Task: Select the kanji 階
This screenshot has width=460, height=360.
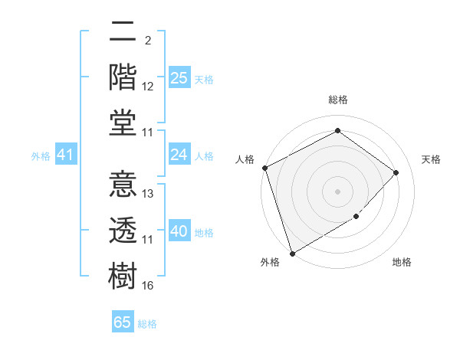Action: coord(123,77)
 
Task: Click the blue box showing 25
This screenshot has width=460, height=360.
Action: coord(179,77)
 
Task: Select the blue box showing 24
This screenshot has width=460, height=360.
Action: coord(179,155)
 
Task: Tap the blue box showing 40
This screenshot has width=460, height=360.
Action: coord(179,231)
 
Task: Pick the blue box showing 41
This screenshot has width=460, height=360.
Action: coord(65,155)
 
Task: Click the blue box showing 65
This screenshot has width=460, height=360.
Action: coord(123,322)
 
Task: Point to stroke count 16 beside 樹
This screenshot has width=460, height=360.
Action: coord(148,286)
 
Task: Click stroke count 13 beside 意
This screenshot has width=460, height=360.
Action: coord(148,194)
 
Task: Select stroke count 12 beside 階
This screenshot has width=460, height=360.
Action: coord(148,87)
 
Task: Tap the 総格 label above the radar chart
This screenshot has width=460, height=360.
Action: coord(337,100)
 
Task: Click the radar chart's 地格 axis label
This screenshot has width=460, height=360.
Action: coord(402,263)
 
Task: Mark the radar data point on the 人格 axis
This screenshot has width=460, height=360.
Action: coord(264,168)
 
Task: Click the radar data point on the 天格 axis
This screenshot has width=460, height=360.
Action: coord(396,172)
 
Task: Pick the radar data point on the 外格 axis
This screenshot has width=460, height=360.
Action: coord(292,254)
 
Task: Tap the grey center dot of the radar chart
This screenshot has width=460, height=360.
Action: coord(337,191)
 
